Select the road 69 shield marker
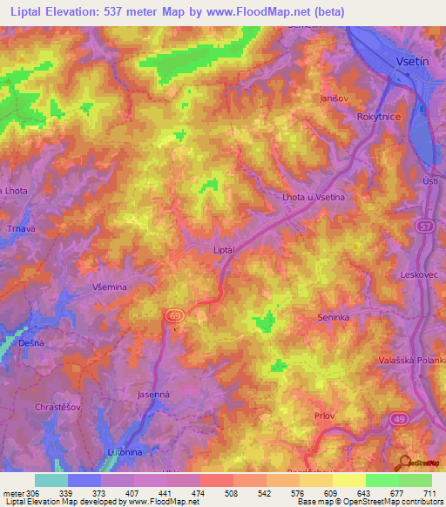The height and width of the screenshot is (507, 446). (172, 314)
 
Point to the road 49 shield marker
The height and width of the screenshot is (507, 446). (399, 419)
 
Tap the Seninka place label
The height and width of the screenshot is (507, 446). (334, 318)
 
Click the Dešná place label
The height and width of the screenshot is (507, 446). (30, 344)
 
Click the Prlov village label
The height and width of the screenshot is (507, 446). (324, 416)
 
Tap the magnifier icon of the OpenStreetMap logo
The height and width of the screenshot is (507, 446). (406, 461)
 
